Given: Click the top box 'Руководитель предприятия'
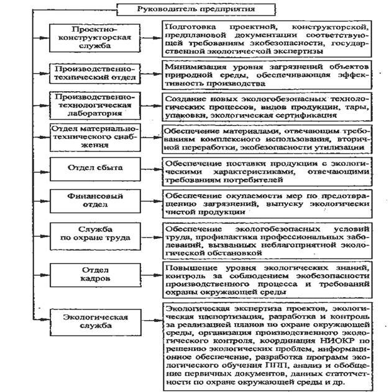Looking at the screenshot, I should pos(186,9).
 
